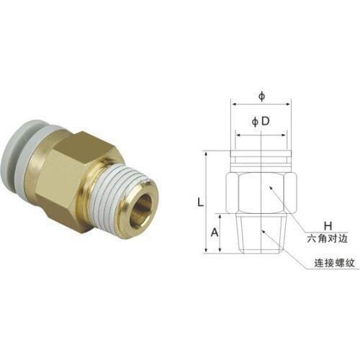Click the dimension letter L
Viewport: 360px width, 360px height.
tap(199, 202)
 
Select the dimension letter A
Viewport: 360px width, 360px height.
tap(214, 232)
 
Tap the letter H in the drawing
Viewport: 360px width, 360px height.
tap(326, 225)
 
